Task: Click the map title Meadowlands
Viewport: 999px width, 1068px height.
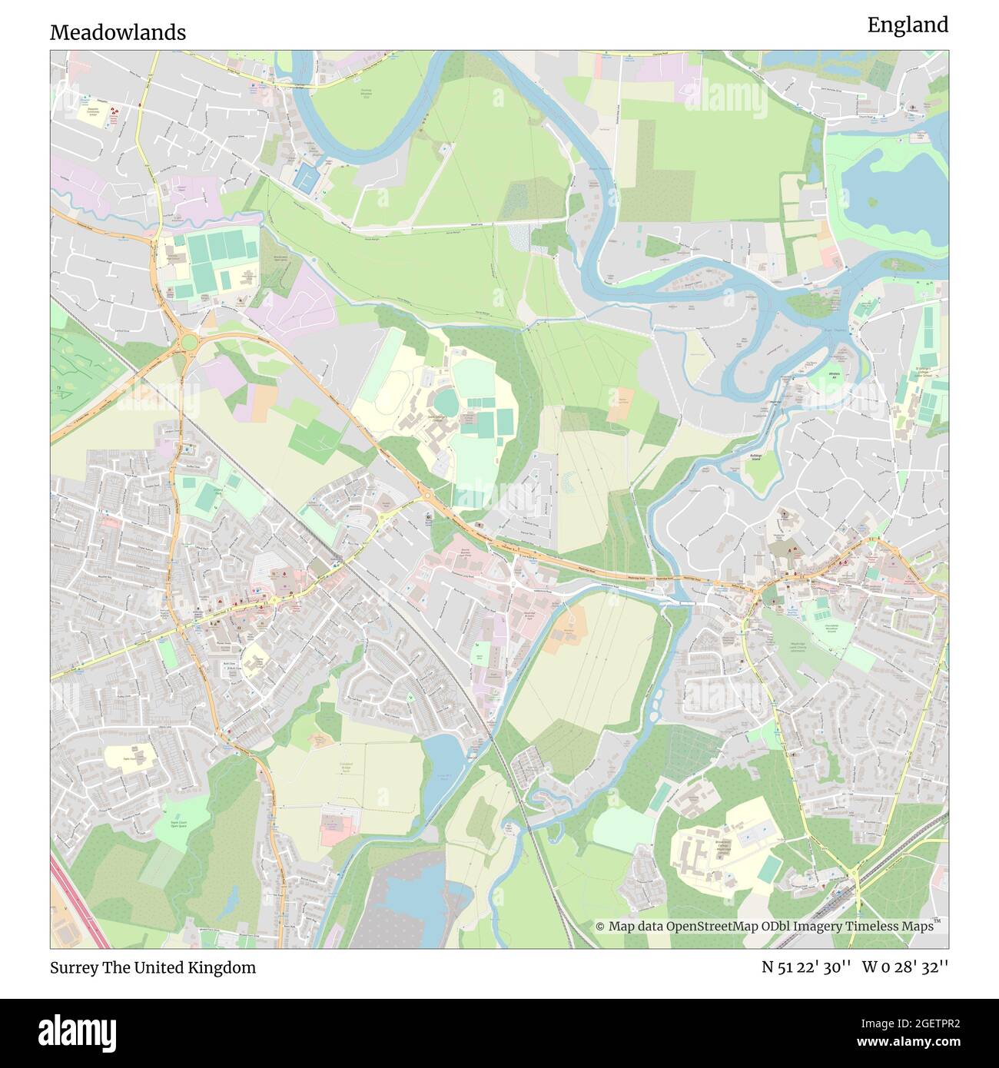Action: [x=118, y=32]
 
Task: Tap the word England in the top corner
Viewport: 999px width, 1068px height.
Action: [x=908, y=25]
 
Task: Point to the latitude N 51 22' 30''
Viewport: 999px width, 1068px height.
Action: [x=805, y=967]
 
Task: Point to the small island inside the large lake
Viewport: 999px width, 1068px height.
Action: [x=872, y=202]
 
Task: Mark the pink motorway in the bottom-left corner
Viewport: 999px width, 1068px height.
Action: [x=78, y=899]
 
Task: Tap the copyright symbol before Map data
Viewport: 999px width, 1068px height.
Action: [x=600, y=927]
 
